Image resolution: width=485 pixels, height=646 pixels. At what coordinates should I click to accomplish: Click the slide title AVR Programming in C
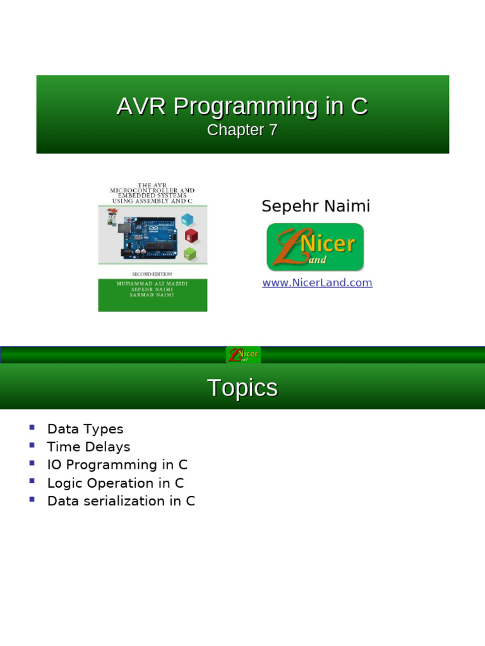[x=242, y=107]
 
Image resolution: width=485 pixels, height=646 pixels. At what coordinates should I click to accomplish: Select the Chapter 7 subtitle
[x=242, y=130]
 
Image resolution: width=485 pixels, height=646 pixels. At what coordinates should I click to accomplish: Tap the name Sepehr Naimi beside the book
[x=316, y=206]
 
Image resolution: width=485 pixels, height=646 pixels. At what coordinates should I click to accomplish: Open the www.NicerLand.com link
[x=317, y=283]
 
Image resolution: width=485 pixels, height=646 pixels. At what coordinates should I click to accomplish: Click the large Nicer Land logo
[x=315, y=247]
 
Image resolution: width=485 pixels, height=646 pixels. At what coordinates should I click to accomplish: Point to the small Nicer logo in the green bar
[x=243, y=355]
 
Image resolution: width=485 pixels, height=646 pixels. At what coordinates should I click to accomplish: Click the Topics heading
[x=242, y=388]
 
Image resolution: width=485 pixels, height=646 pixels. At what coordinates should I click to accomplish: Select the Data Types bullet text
[x=85, y=429]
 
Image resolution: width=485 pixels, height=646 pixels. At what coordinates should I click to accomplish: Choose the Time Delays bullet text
[x=88, y=447]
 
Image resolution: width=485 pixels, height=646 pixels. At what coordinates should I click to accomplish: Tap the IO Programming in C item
[x=117, y=465]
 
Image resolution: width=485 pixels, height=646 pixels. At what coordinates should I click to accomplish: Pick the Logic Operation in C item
[x=116, y=483]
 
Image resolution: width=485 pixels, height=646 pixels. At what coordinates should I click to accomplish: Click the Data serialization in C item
[x=121, y=501]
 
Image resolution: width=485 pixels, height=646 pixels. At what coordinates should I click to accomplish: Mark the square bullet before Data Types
[x=32, y=428]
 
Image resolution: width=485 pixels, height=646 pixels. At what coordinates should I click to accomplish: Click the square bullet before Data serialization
[x=32, y=500]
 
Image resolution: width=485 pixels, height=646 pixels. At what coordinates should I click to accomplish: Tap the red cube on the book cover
[x=191, y=237]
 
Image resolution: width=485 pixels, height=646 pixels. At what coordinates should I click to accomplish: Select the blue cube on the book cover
[x=188, y=220]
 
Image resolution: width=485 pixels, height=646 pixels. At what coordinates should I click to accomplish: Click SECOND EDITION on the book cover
[x=152, y=274]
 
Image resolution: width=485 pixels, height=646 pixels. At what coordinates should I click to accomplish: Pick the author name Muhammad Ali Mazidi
[x=152, y=284]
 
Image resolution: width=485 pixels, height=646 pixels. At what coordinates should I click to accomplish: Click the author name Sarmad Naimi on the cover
[x=152, y=295]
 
